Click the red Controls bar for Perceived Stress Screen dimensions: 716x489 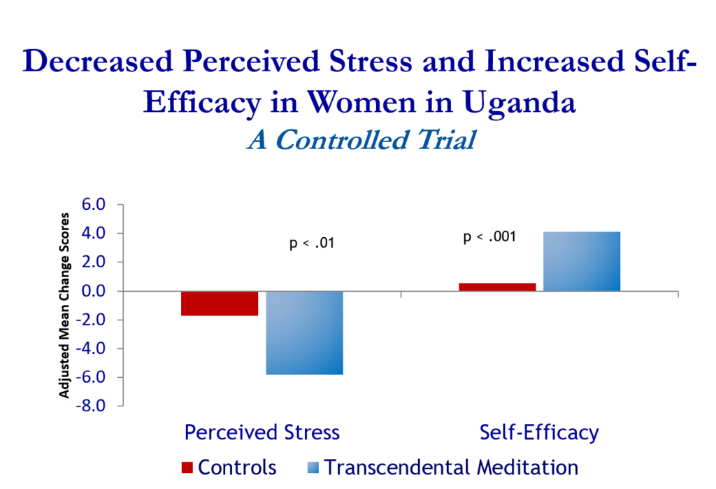point(220,304)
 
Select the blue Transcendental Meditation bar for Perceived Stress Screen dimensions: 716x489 point(305,333)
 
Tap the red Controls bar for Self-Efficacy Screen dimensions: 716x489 point(497,287)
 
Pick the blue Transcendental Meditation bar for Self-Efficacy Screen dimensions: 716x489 point(582,262)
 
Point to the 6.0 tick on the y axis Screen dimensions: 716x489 point(94,204)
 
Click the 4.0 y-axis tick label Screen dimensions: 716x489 point(94,233)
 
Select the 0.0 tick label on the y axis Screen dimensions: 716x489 point(94,290)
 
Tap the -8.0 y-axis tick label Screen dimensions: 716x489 point(90,406)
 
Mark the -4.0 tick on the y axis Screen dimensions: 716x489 point(90,348)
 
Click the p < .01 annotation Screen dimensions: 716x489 point(312,243)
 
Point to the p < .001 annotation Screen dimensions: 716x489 point(489,237)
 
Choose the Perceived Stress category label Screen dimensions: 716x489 point(262,432)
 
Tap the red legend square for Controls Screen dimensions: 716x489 point(187,467)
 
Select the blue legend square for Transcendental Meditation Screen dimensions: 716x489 point(313,467)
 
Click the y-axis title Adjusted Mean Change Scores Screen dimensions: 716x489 point(64,305)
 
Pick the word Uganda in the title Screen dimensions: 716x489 point(520,103)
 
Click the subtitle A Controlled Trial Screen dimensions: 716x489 point(361,139)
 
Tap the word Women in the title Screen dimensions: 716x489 point(361,102)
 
